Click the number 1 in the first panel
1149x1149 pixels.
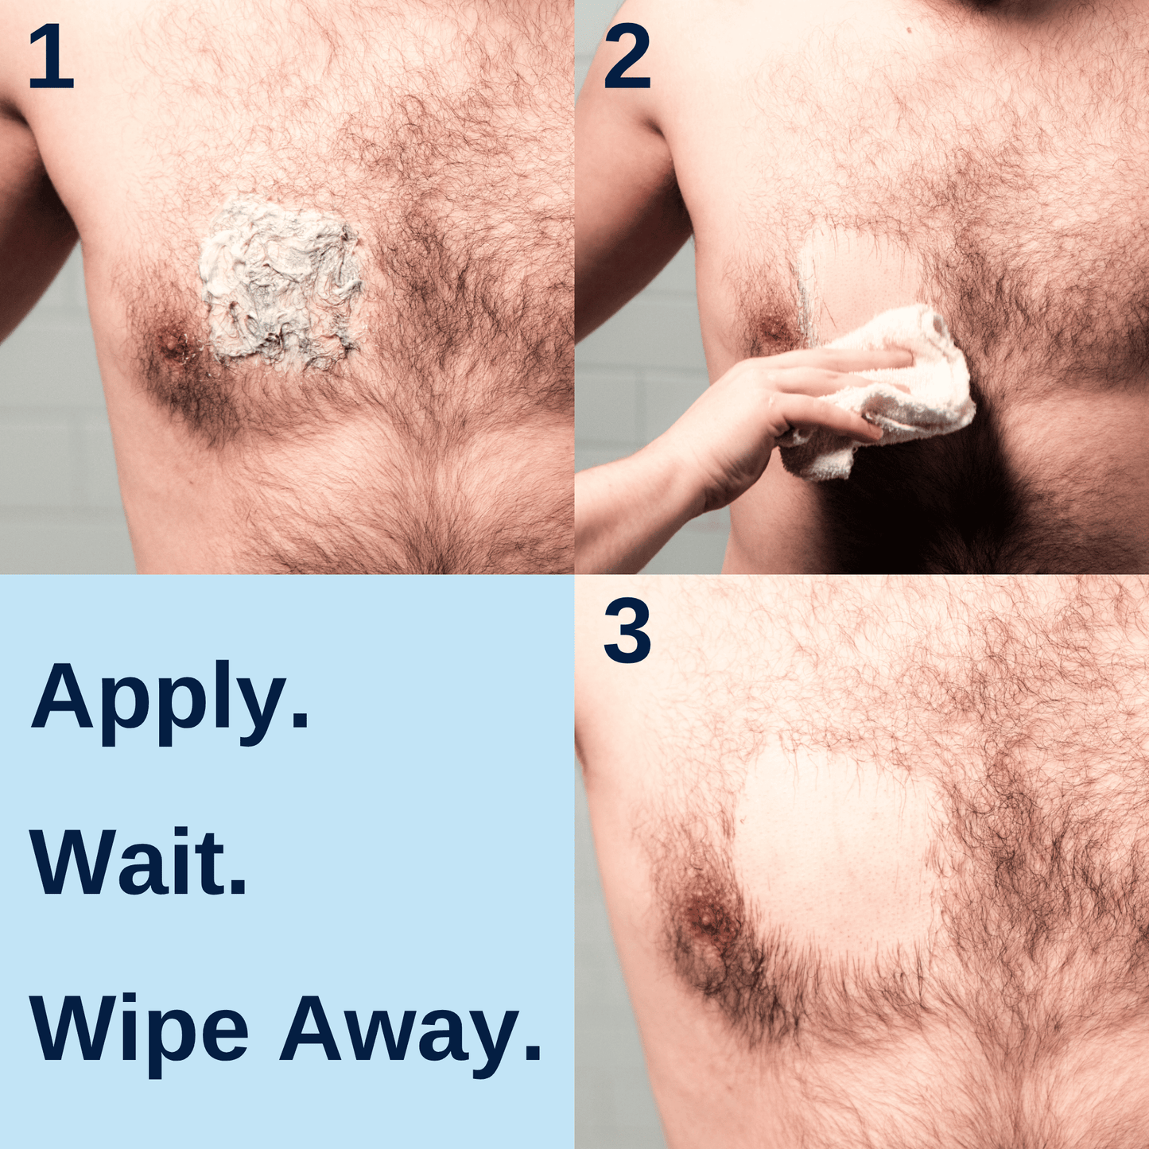pos(51,57)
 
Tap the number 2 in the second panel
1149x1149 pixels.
pos(627,57)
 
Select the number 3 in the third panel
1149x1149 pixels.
pos(627,632)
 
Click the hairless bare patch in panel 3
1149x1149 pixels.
pos(835,851)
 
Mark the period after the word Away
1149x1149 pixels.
pos(533,1054)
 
